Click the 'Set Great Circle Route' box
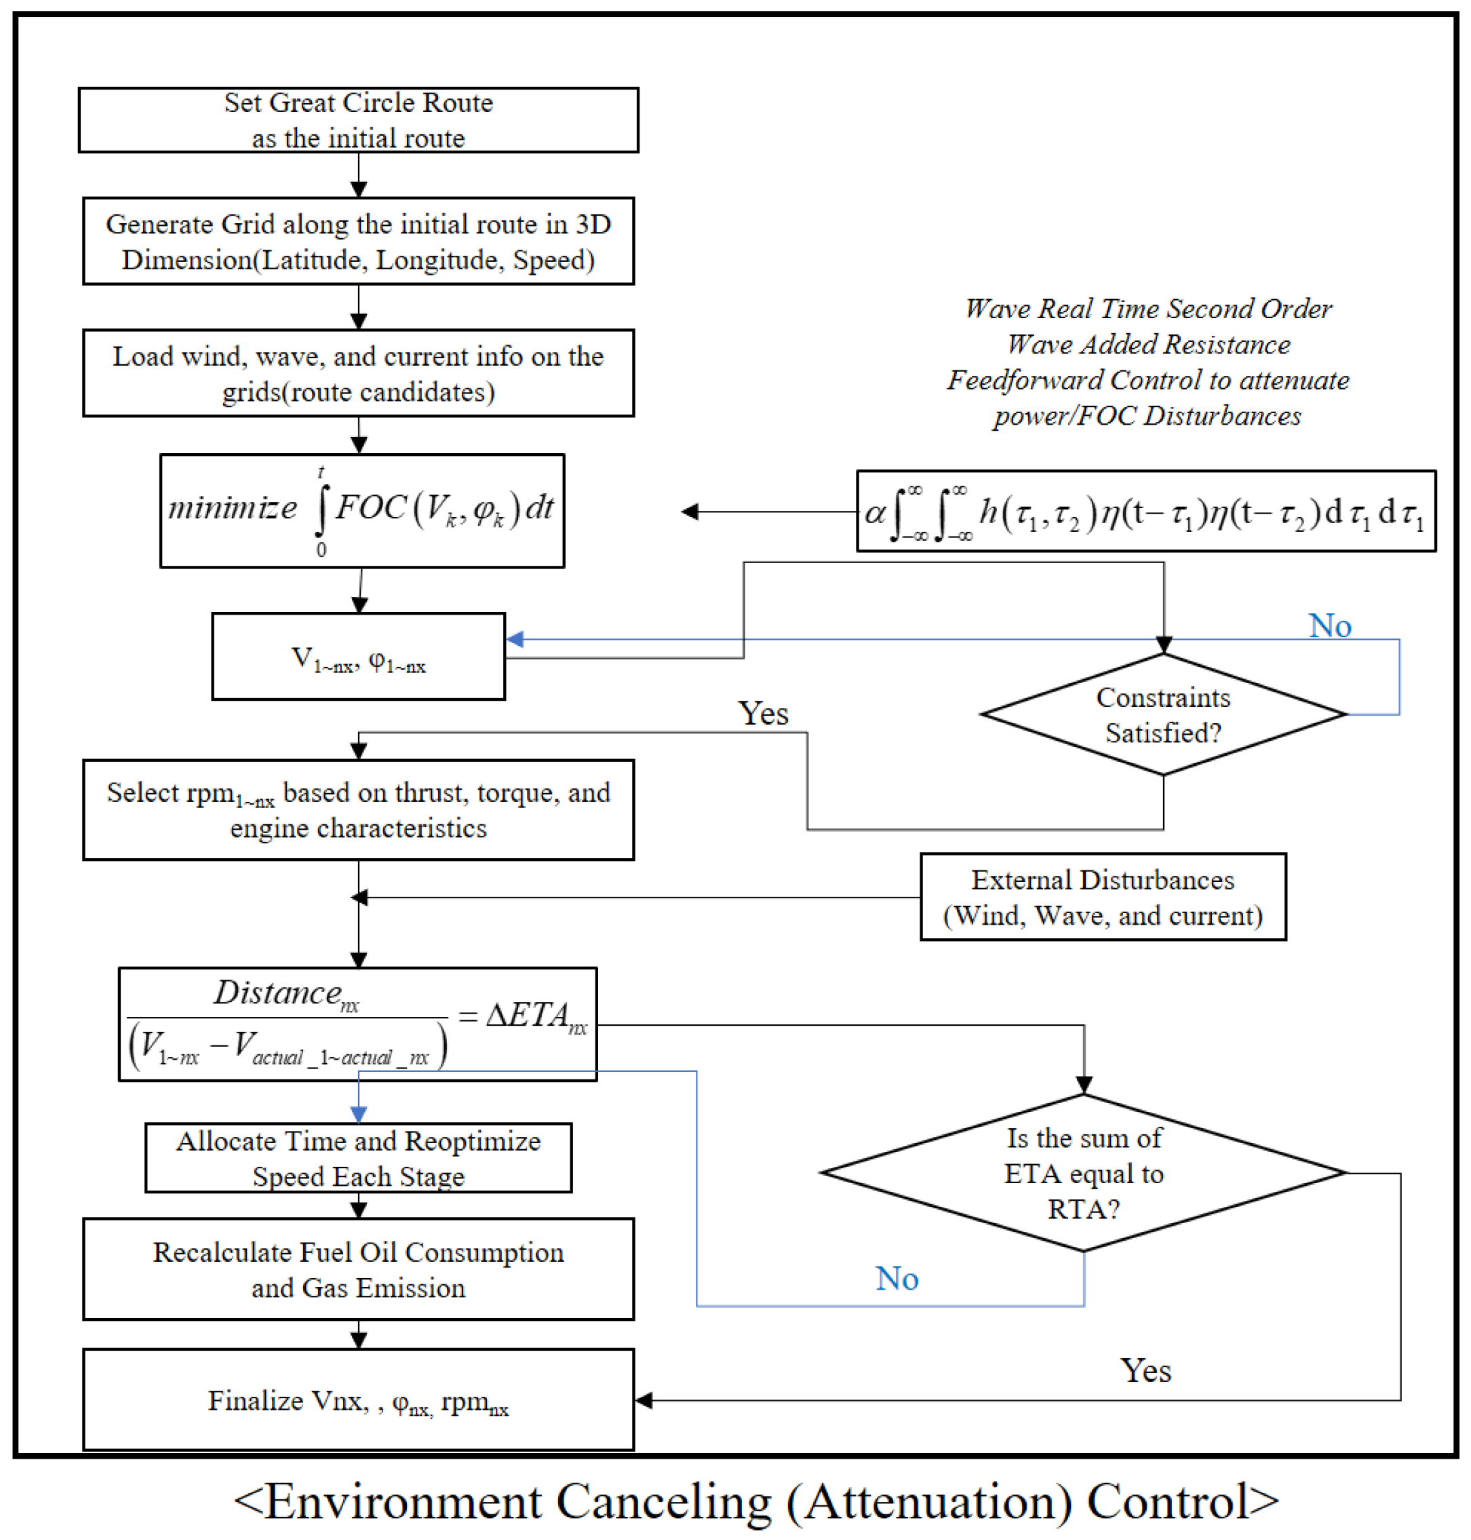[x=358, y=120]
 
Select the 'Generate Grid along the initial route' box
[x=358, y=241]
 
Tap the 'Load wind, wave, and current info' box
[x=358, y=372]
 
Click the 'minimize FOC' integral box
[x=361, y=511]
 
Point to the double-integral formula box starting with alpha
[x=1145, y=512]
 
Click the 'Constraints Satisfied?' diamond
[x=1163, y=714]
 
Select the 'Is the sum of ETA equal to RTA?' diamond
[x=1084, y=1173]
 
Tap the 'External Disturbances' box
[x=1103, y=897]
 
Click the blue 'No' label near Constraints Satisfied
[x=1330, y=626]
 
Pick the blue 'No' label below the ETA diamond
[x=897, y=1279]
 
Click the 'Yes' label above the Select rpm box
[x=763, y=713]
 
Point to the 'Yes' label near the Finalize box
[x=1145, y=1370]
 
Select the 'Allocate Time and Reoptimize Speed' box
[x=358, y=1158]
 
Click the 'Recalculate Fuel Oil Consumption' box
[x=358, y=1269]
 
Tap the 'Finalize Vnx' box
[x=358, y=1400]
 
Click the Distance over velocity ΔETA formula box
[x=357, y=1024]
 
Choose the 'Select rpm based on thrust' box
[x=358, y=809]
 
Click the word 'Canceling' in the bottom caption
[x=663, y=1502]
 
